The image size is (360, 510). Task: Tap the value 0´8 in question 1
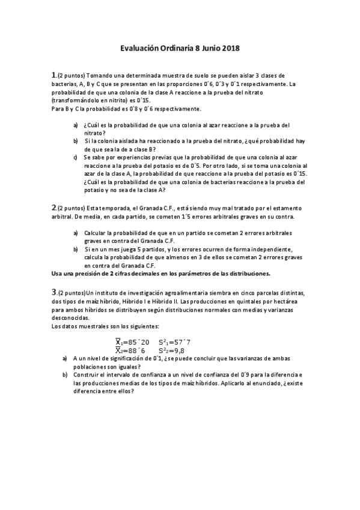[147, 109]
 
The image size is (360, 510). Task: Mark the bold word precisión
[88, 273]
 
